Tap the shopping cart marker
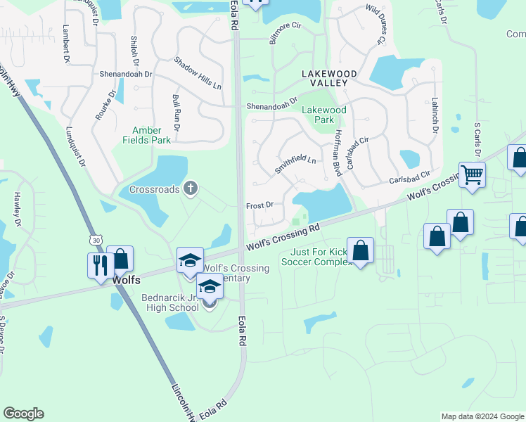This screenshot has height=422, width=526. [x=472, y=174]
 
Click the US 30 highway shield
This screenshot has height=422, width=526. [x=96, y=240]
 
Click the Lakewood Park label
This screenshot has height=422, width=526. [x=324, y=115]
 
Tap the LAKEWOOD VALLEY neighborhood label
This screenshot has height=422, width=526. [x=329, y=78]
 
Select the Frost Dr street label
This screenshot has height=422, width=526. [x=259, y=205]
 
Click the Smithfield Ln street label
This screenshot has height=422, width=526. [x=295, y=165]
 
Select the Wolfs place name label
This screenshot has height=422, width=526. [x=127, y=280]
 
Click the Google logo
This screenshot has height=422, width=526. [x=23, y=414]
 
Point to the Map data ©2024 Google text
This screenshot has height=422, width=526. [x=482, y=416]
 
